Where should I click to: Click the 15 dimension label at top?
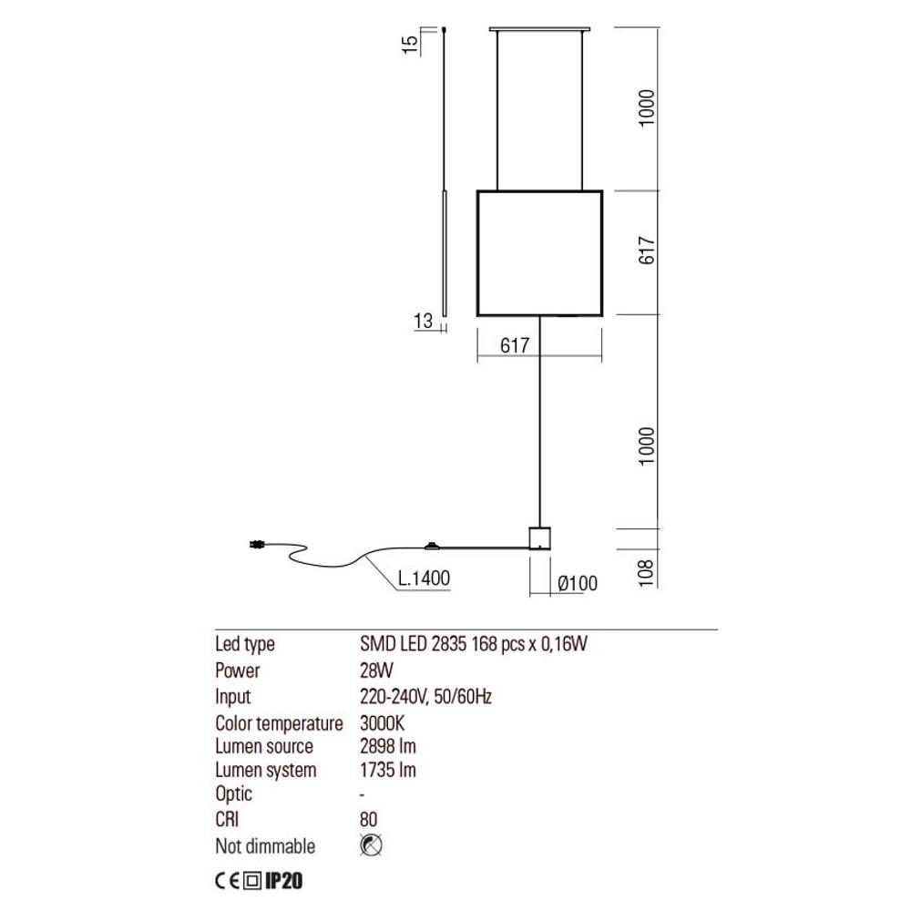pyautogui.click(x=410, y=44)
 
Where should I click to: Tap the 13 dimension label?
pyautogui.click(x=424, y=321)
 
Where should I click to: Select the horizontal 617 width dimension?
pyautogui.click(x=515, y=345)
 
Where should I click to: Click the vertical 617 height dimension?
pyautogui.click(x=646, y=251)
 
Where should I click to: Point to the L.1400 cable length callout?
pyautogui.click(x=425, y=578)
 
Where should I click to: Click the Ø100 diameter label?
pyautogui.click(x=578, y=583)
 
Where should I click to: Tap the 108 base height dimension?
pyautogui.click(x=646, y=573)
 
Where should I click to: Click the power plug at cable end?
pyautogui.click(x=256, y=545)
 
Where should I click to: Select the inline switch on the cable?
pyautogui.click(x=432, y=546)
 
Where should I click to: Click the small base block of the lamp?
pyautogui.click(x=539, y=538)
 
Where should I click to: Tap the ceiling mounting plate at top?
pyautogui.click(x=539, y=28)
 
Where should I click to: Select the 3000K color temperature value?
pyautogui.click(x=383, y=722)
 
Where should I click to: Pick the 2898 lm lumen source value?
pyautogui.click(x=388, y=746)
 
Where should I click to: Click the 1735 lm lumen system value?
pyautogui.click(x=388, y=770)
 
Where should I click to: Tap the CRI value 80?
pyautogui.click(x=369, y=819)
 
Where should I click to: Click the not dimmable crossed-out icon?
pyautogui.click(x=371, y=845)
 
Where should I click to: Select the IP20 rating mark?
pyautogui.click(x=284, y=881)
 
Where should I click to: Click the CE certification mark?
pyautogui.click(x=227, y=881)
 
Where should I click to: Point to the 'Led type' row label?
pyautogui.click(x=244, y=644)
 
